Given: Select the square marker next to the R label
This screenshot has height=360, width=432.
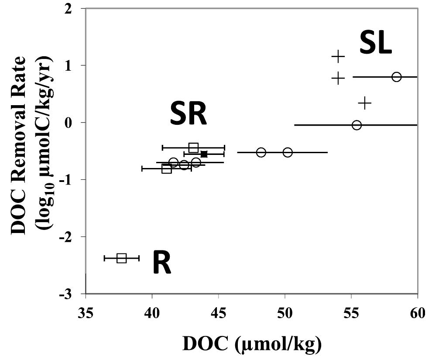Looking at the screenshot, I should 121,258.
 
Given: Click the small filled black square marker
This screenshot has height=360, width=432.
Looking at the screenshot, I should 204,154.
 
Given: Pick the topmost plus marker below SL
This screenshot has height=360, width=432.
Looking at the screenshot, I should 338,56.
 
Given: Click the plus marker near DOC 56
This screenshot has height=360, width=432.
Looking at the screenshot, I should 365,103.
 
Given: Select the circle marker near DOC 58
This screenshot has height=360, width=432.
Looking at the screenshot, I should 396,77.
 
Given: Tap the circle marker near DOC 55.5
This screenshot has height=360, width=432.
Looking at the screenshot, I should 357,125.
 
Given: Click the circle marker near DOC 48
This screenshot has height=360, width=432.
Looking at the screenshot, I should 261,152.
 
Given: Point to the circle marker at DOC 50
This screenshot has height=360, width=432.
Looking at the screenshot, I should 288,152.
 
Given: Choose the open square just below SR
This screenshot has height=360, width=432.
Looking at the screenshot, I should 194,147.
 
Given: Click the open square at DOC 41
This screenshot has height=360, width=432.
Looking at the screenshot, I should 166,168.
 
